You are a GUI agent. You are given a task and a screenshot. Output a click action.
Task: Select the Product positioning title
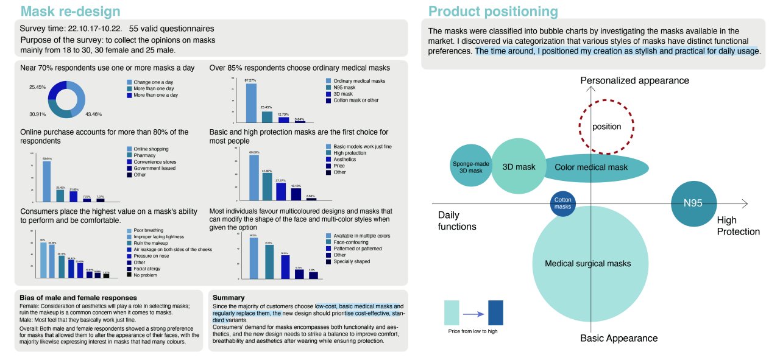point(492,11)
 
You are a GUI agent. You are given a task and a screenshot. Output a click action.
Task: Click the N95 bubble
point(693,203)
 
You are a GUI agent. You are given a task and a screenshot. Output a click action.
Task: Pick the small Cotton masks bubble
point(562,203)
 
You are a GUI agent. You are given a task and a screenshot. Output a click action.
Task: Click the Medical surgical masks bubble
point(587,263)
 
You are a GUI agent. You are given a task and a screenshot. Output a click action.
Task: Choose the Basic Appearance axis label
point(619,338)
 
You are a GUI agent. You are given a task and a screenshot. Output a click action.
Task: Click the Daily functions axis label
point(457,221)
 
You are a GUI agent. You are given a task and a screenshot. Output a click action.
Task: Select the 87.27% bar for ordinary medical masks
point(250,103)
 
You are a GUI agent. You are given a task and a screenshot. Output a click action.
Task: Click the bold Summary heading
point(229,297)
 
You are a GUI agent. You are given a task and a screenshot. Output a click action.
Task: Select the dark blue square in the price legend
point(495,312)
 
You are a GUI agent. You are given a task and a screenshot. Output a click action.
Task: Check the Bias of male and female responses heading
point(79,297)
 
